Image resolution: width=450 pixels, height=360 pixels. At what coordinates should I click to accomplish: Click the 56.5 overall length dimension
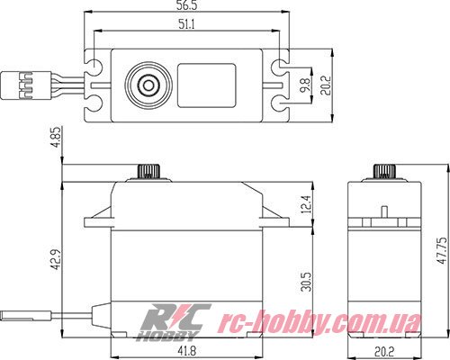tap(187, 7)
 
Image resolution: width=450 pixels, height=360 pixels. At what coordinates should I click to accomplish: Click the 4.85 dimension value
tap(56, 141)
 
